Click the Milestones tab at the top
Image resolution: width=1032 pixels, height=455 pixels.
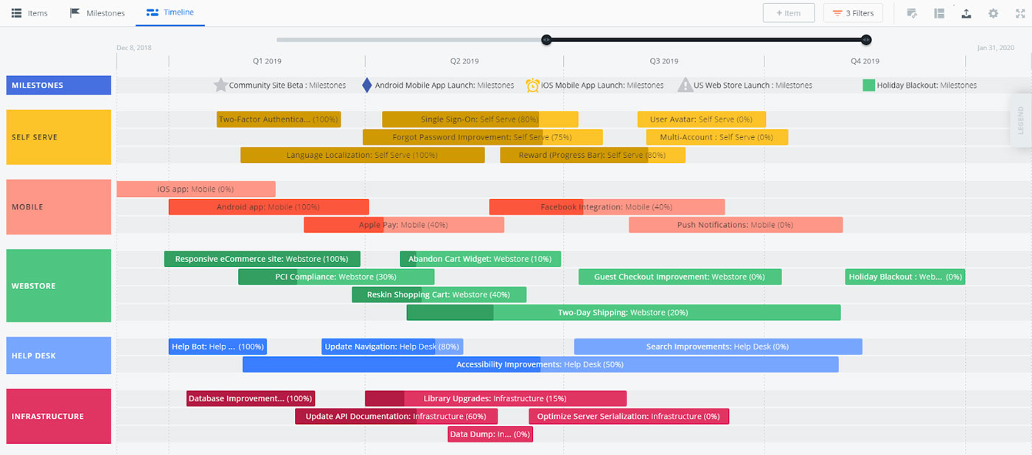click(x=97, y=13)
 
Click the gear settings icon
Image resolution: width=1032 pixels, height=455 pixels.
click(x=993, y=13)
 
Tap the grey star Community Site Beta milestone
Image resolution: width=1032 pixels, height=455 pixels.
click(x=220, y=85)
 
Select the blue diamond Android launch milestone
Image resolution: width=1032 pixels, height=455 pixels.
click(x=367, y=85)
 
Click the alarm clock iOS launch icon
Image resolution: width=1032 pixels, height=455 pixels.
click(x=532, y=85)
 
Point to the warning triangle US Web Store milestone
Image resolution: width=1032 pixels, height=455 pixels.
click(x=685, y=85)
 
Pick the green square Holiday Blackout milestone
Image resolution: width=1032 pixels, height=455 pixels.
click(x=868, y=85)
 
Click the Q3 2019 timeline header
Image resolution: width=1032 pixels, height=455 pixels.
click(x=664, y=61)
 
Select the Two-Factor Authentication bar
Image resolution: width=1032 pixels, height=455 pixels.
click(x=279, y=119)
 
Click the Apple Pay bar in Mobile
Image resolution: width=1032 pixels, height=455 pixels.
click(x=403, y=225)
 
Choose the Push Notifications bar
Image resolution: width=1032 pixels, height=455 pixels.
click(x=735, y=225)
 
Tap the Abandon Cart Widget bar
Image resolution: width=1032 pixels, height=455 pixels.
click(x=480, y=259)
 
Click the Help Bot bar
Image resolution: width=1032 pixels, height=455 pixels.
click(x=217, y=347)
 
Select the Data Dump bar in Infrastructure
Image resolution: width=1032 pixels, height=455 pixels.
click(x=490, y=434)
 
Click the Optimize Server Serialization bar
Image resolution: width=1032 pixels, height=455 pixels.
click(x=628, y=417)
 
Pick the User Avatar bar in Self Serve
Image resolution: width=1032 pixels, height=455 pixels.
click(x=701, y=119)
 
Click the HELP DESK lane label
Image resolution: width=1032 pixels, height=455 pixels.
click(x=58, y=355)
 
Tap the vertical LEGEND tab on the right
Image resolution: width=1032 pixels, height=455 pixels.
click(x=1020, y=120)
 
